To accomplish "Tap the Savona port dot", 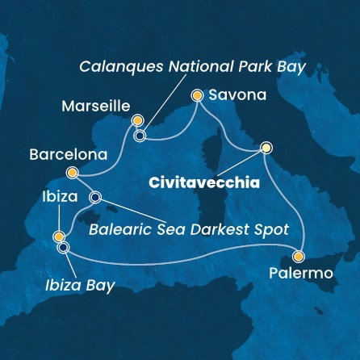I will click(x=196, y=95).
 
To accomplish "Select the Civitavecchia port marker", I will click(x=266, y=148).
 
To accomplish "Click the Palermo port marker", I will click(x=299, y=257).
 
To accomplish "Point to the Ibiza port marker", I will click(x=58, y=237).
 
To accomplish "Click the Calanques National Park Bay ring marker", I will click(x=140, y=136).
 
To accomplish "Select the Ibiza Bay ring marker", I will click(x=63, y=248).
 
